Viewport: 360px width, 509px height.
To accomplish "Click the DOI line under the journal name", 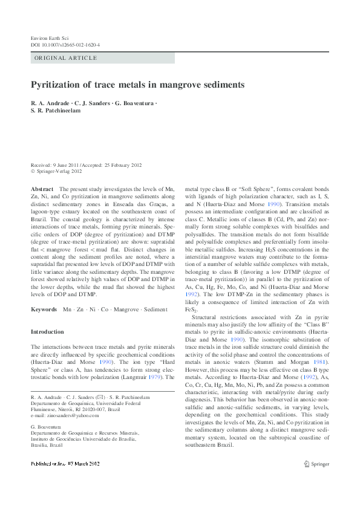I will coord(65,45).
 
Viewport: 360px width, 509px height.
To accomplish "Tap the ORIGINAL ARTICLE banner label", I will coord(66,58).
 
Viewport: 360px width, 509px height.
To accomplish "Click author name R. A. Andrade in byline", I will coord(51,103).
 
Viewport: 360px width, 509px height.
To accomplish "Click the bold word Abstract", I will coord(42,190).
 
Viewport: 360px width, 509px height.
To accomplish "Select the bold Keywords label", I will coord(45,309).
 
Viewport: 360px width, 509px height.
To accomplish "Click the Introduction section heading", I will coord(47,332).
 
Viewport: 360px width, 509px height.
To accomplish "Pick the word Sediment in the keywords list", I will coord(155,309).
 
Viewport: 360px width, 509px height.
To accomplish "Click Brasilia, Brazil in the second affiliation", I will coord(48,446).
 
